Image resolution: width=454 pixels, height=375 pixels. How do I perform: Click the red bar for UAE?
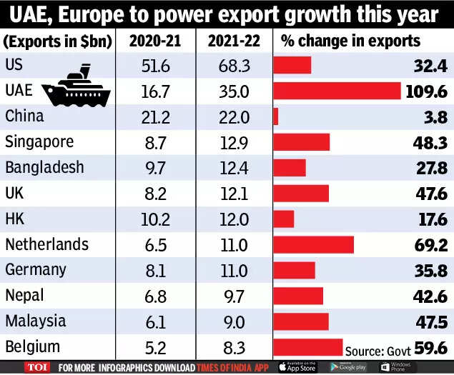coord(337,91)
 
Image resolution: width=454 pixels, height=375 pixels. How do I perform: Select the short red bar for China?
coord(276,116)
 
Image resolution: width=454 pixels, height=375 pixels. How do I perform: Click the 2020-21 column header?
coord(153,40)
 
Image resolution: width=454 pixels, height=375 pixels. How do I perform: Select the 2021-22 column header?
coord(232,40)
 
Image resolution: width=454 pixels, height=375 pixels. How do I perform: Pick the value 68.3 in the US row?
coord(232,65)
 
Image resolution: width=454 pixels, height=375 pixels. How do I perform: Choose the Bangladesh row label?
coord(44,168)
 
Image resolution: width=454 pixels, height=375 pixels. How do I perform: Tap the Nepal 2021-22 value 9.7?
coord(232,296)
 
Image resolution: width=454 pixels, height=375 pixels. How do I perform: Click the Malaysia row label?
coord(35,321)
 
